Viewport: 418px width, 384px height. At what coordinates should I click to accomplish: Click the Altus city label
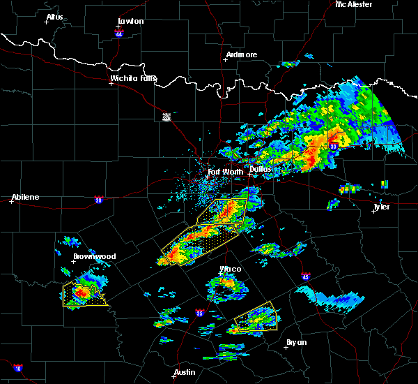pyautogui.click(x=54, y=17)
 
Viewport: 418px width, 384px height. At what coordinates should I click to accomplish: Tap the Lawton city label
pyautogui.click(x=130, y=21)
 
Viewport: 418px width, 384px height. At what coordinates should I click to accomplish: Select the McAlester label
pyautogui.click(x=354, y=4)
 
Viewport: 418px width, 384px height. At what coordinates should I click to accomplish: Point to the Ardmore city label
pyautogui.click(x=242, y=54)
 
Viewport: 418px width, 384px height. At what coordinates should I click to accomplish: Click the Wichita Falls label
pyautogui.click(x=134, y=78)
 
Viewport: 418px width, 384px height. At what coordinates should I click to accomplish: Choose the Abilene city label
pyautogui.click(x=25, y=197)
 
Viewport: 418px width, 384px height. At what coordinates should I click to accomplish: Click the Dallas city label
pyautogui.click(x=261, y=169)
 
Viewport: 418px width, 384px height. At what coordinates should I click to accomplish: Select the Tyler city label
pyautogui.click(x=382, y=207)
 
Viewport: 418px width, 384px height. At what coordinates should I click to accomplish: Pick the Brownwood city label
pyautogui.click(x=95, y=256)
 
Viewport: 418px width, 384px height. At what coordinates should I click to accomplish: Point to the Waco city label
pyautogui.click(x=231, y=269)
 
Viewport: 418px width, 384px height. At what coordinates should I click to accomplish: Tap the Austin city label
pyautogui.click(x=185, y=372)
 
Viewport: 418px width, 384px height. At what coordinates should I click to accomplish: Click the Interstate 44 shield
pyautogui.click(x=119, y=33)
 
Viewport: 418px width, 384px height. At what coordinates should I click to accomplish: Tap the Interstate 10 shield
pyautogui.click(x=17, y=368)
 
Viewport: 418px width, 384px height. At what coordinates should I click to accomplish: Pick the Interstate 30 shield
pyautogui.click(x=334, y=146)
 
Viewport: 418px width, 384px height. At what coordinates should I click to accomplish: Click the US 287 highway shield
pyautogui.click(x=167, y=116)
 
